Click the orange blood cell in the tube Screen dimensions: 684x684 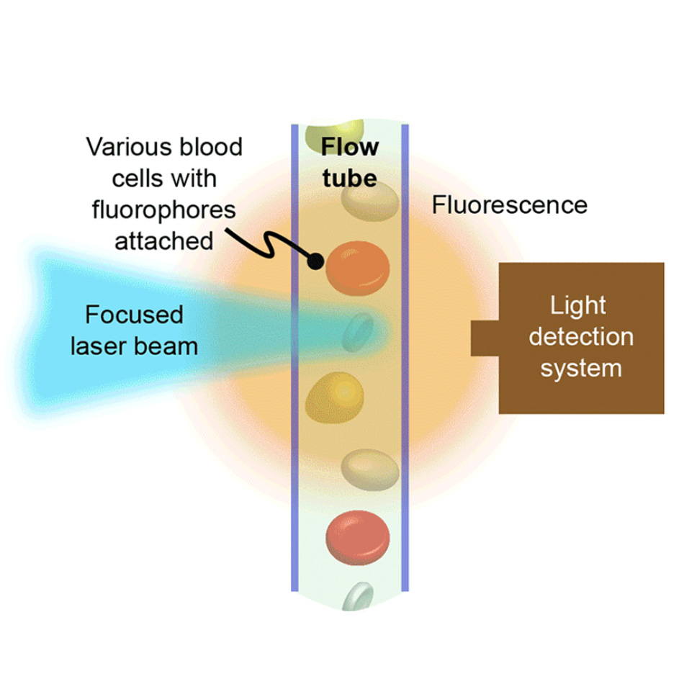[x=358, y=269]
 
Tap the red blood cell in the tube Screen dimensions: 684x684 [x=358, y=536]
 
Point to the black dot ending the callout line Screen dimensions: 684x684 [x=315, y=261]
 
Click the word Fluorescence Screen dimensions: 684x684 [x=509, y=205]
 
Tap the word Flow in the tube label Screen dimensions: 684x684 [x=349, y=147]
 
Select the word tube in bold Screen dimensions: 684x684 [x=349, y=177]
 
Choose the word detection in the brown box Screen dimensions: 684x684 [x=580, y=337]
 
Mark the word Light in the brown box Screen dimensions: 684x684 [x=578, y=305]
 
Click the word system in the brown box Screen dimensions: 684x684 [x=580, y=368]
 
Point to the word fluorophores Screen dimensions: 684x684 [x=164, y=209]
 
